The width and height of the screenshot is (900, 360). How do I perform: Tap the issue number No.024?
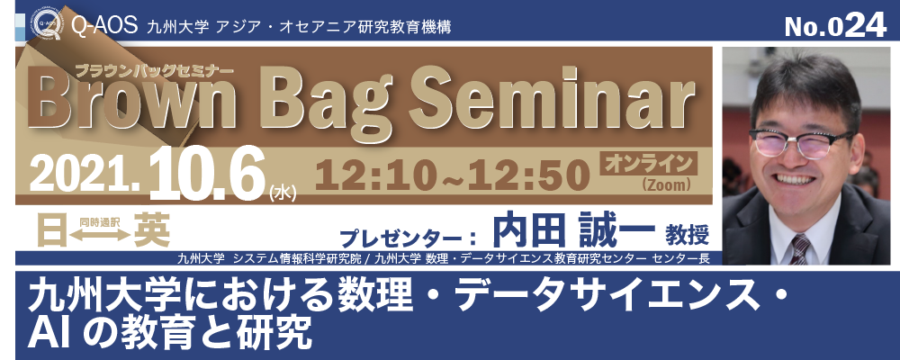(x=835, y=25)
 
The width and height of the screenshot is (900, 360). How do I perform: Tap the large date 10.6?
(x=207, y=172)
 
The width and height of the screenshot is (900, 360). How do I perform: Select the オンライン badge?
(x=649, y=164)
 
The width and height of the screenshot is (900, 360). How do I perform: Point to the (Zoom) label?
(x=666, y=184)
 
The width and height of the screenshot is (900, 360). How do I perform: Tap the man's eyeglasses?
(x=800, y=143)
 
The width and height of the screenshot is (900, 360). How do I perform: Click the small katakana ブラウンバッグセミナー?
(x=154, y=70)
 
